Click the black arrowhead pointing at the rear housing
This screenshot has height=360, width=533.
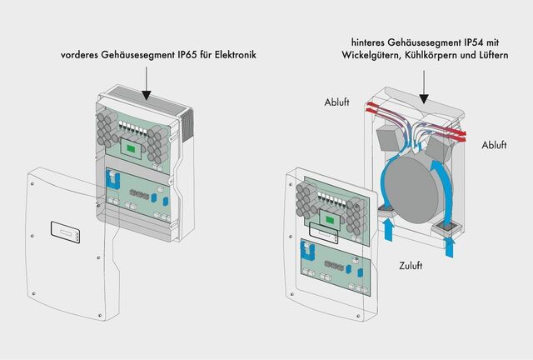[424, 97]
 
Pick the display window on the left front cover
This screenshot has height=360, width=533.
[65, 229]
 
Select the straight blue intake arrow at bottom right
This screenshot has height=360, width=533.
[451, 245]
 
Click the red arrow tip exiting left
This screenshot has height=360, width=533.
[366, 108]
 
